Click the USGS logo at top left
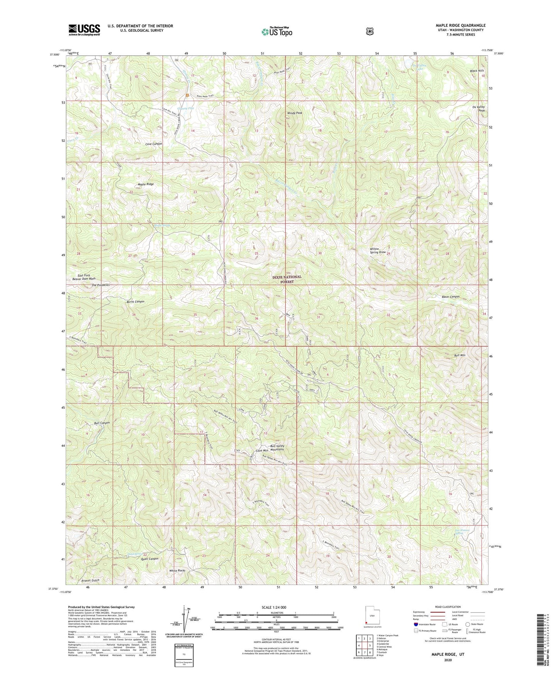84,30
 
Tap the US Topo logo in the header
276,32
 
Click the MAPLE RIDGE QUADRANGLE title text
455,25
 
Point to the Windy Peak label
295,113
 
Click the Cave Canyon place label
153,144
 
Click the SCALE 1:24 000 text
276,607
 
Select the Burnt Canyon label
136,301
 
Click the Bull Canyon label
102,423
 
